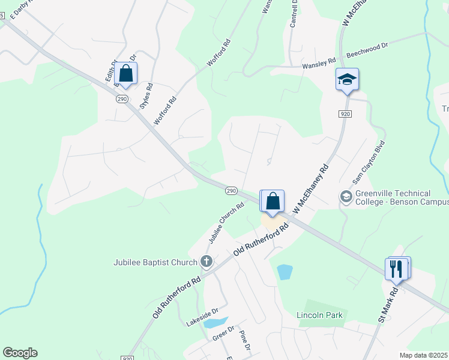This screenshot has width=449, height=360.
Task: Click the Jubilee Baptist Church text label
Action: coord(155,262)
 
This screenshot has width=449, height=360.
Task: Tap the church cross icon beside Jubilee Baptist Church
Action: coord(206,261)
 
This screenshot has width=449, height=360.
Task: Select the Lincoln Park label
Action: coord(319,315)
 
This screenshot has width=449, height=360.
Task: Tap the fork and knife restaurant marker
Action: coord(396,268)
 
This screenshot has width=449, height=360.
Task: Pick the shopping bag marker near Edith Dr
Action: coord(126,74)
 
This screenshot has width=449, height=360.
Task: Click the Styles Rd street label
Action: coord(146,95)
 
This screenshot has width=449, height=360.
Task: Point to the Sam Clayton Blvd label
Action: coord(368,163)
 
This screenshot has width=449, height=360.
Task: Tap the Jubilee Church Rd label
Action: coord(226,223)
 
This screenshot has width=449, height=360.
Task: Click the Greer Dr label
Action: coord(223,334)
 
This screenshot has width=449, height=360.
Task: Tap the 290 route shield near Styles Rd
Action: coord(121,98)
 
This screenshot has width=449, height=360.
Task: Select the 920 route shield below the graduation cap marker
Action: coord(345,113)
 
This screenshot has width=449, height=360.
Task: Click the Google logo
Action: coord(20,353)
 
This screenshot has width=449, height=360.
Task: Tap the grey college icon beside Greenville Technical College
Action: coord(346,197)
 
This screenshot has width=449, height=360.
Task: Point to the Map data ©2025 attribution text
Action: coord(424,355)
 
